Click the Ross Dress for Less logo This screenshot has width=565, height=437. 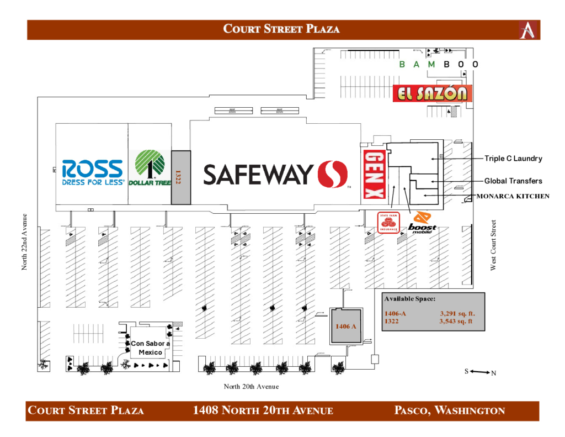click(93, 172)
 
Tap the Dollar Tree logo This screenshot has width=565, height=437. click(150, 168)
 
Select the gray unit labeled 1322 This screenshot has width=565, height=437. click(180, 177)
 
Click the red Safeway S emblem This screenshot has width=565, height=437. click(332, 174)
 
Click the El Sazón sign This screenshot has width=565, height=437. click(433, 93)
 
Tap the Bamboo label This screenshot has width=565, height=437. click(438, 65)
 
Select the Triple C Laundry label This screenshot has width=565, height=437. click(513, 159)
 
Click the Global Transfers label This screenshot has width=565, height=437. click(513, 181)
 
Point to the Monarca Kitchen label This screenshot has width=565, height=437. click(513, 196)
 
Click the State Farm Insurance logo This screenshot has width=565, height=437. click(388, 223)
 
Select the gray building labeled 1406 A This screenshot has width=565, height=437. click(346, 326)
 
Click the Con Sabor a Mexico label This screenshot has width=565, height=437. click(150, 348)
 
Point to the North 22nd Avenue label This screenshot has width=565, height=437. click(24, 242)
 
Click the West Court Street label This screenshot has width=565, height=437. click(494, 245)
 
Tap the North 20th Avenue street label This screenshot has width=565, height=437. click(251, 387)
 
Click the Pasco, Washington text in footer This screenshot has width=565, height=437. click(450, 410)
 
